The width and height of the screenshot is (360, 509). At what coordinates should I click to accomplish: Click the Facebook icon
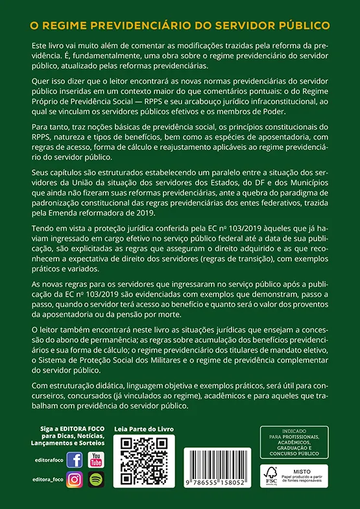click(75, 460)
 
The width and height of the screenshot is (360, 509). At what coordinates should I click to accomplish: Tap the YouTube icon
click(95, 460)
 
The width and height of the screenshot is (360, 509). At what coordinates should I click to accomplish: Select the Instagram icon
click(75, 480)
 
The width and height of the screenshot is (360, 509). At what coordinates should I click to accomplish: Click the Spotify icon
click(95, 480)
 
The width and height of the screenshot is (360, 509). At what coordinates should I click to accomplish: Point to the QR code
click(144, 460)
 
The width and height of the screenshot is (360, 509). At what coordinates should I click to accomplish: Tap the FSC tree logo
click(270, 476)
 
